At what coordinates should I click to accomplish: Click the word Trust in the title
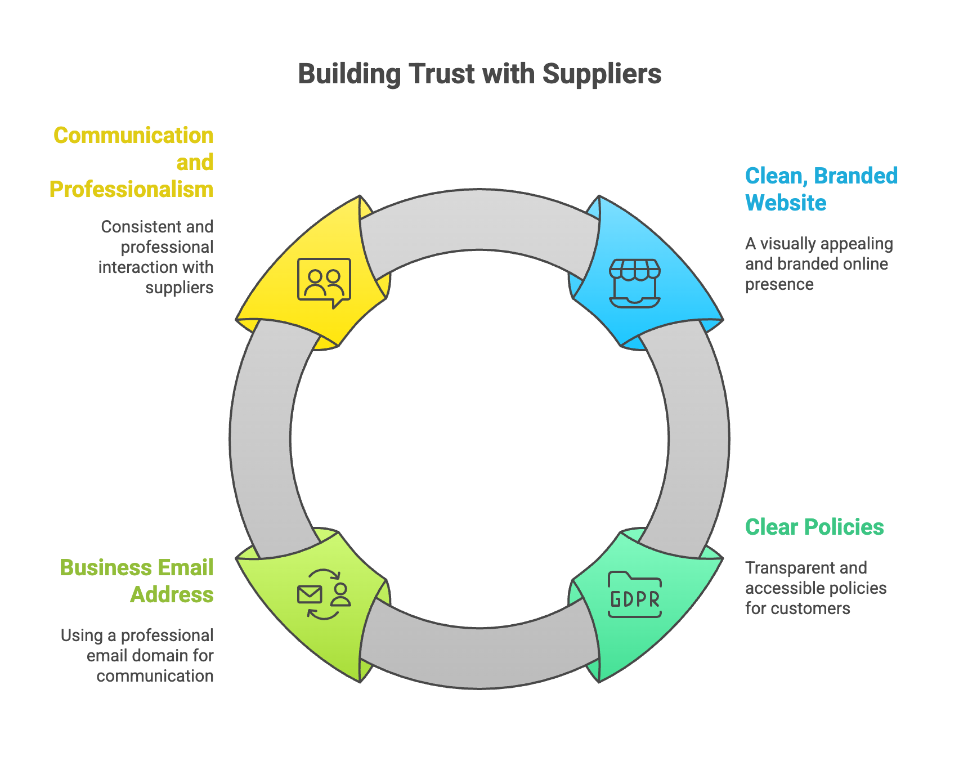442,74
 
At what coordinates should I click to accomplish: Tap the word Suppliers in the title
602,74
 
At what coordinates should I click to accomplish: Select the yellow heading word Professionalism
131,190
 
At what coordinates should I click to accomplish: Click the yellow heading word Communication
133,136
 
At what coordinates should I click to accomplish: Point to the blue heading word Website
786,203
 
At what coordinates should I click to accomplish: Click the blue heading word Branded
856,176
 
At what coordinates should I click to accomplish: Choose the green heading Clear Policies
814,527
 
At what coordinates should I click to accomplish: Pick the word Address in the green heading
172,595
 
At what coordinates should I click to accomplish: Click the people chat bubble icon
324,282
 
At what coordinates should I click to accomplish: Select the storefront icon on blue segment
635,283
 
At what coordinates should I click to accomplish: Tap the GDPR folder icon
635,595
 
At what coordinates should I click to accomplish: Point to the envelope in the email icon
310,594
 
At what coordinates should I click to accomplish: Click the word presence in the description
779,285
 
